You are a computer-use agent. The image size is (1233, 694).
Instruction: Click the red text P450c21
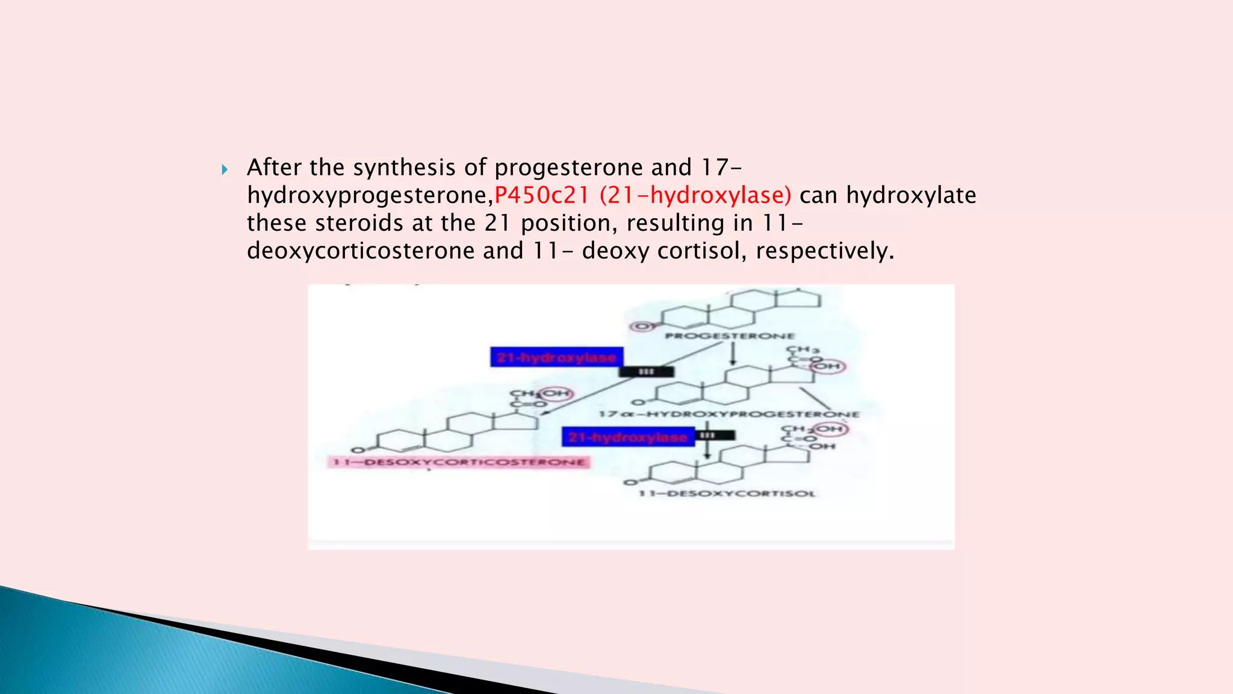[541, 195]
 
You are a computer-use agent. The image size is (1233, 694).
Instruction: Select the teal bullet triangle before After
[225, 169]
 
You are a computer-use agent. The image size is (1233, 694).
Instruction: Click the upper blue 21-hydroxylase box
[556, 357]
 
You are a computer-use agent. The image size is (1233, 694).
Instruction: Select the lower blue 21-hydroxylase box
[628, 437]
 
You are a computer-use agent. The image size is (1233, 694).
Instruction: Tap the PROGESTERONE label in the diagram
[730, 336]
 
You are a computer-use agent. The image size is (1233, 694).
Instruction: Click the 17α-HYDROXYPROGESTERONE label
[729, 414]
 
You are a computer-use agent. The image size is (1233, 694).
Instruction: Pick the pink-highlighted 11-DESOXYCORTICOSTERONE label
[459, 462]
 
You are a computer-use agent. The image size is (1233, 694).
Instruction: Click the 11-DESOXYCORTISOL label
[727, 493]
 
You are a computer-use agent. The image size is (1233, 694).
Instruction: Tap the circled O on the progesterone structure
[642, 327]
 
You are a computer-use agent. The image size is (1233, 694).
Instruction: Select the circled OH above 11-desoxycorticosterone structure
[556, 394]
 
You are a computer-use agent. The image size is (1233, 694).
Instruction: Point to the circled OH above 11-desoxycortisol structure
[830, 429]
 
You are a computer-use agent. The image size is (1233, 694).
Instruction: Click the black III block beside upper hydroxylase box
[647, 372]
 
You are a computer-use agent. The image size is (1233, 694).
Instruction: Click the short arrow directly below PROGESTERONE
[733, 354]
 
